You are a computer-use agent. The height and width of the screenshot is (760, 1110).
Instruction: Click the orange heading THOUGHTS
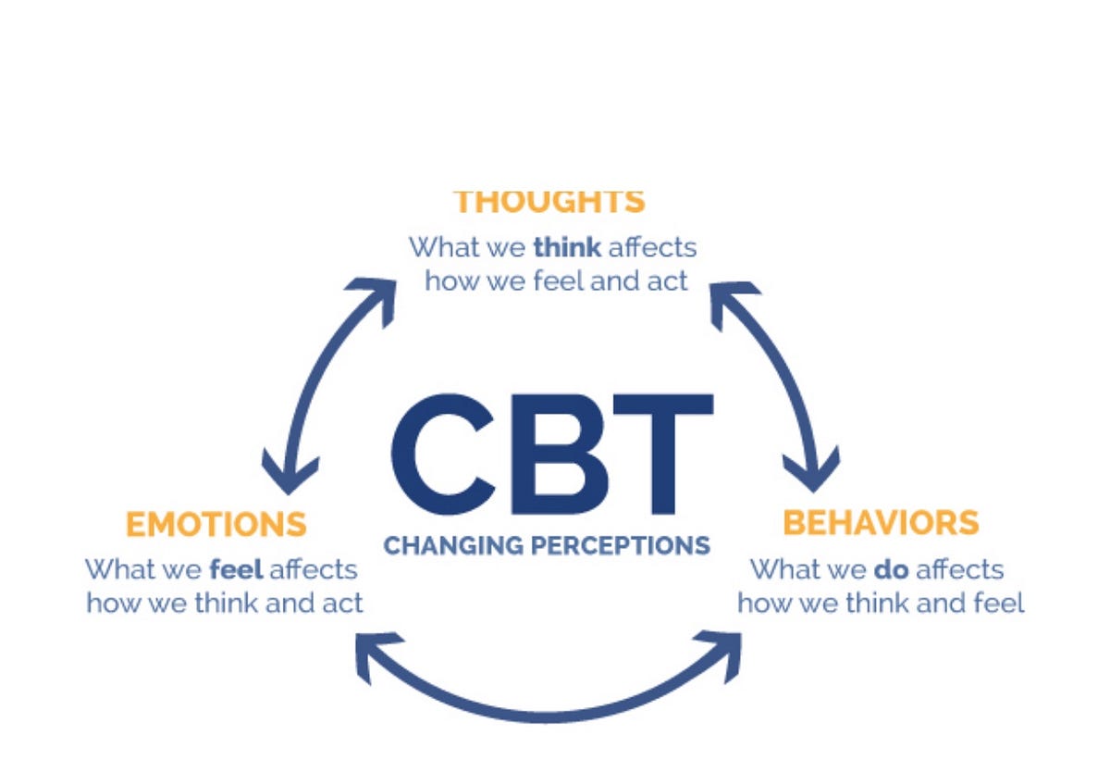coord(549,201)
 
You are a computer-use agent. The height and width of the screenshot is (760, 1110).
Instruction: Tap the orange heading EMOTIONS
coord(216,524)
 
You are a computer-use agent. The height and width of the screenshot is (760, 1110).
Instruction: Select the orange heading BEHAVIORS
coord(880,522)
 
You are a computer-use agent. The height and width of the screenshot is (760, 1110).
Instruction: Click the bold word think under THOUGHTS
coord(567,247)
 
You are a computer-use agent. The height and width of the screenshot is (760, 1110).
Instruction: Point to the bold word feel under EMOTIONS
coord(236,567)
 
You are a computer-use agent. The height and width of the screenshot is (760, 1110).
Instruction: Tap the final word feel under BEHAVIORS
coord(999,603)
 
